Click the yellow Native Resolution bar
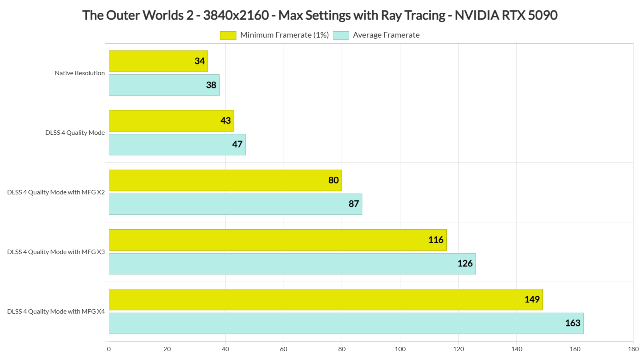coord(158,61)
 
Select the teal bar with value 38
coord(164,85)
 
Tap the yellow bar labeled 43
coord(171,121)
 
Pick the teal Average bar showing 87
coord(235,204)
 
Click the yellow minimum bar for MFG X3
coord(278,240)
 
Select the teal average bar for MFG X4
coord(346,323)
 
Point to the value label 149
coord(532,300)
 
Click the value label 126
coord(465,264)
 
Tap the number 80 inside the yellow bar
coord(334,180)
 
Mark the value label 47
coord(237,144)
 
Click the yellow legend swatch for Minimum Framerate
coord(228,35)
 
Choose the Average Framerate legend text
coord(386,35)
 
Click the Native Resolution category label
coord(80,73)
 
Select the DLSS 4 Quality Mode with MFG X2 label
coord(56,192)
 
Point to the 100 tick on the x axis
coord(400,349)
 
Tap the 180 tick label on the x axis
coord(633,349)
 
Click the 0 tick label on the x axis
coord(109,349)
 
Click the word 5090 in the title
coord(542,15)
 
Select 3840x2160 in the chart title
coord(236,15)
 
